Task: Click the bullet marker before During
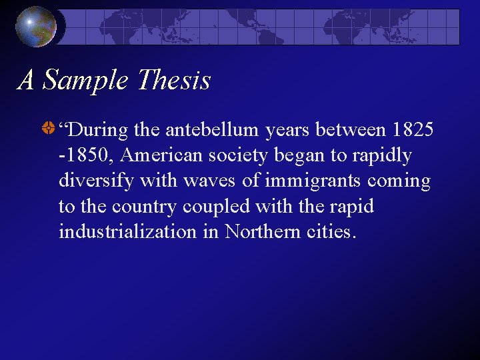click(x=48, y=130)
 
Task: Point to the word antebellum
click(x=213, y=131)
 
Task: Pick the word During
click(x=95, y=131)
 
